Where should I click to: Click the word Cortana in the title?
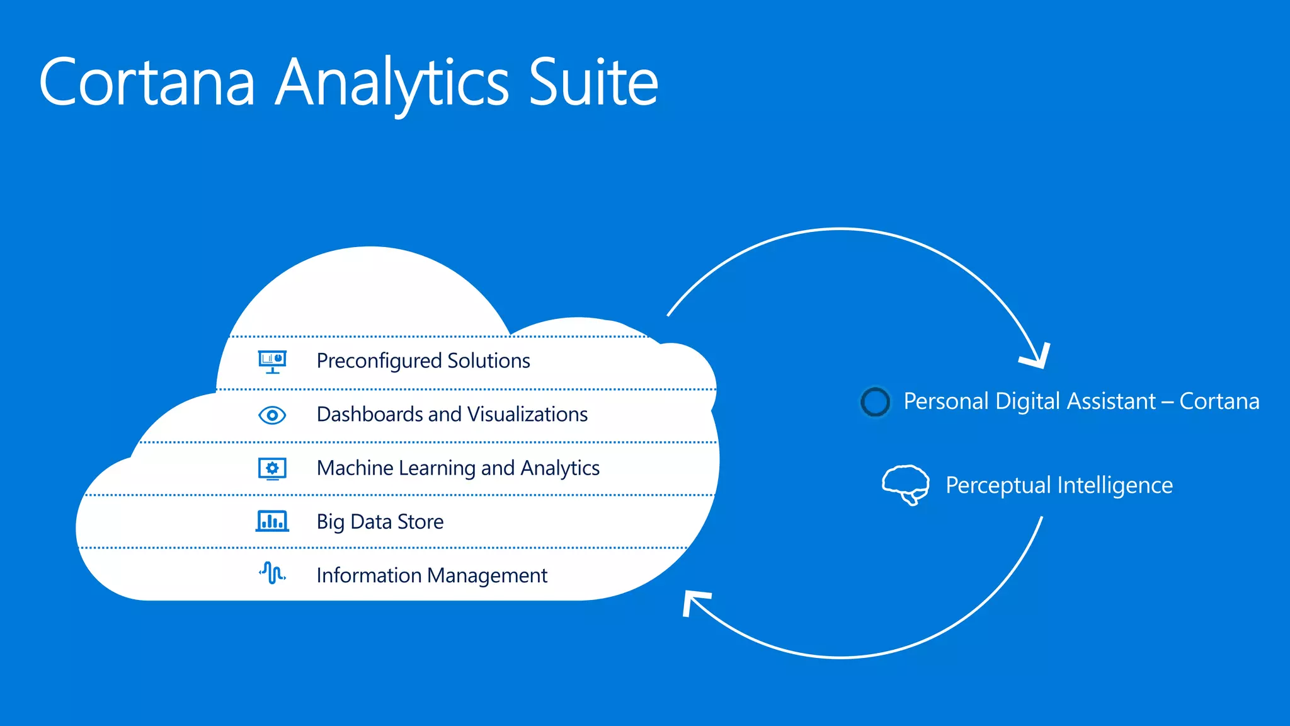click(x=147, y=83)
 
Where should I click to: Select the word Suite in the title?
click(x=593, y=83)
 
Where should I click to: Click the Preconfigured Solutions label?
click(x=423, y=360)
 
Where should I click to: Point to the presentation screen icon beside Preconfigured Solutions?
click(x=272, y=361)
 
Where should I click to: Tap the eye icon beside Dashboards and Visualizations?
click(x=272, y=415)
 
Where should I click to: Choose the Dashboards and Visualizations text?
click(x=452, y=414)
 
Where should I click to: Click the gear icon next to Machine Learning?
click(x=272, y=468)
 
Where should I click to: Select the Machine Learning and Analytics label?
click(x=458, y=468)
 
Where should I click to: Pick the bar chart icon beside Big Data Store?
click(x=272, y=521)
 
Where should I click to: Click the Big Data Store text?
click(x=380, y=522)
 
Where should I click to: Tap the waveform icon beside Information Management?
click(x=272, y=573)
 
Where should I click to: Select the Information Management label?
click(x=431, y=575)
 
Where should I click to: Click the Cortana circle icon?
click(x=875, y=401)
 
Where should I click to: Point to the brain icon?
click(x=905, y=485)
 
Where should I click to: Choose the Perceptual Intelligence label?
click(x=1059, y=485)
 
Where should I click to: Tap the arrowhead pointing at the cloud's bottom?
click(x=693, y=601)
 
